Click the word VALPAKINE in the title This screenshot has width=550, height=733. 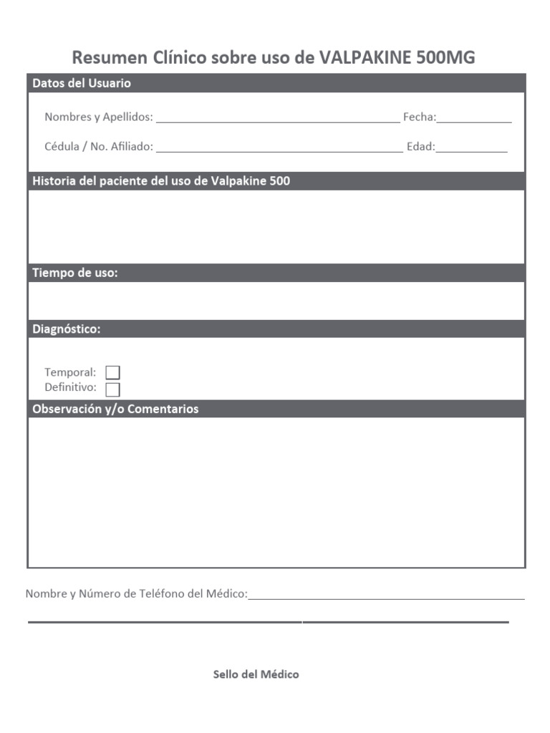[x=365, y=57]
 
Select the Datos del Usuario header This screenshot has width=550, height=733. [x=82, y=83]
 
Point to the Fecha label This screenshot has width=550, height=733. [x=419, y=117]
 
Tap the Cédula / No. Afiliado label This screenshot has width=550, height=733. [x=99, y=146]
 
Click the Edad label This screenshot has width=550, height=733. [x=420, y=146]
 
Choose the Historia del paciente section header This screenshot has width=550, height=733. [x=161, y=181]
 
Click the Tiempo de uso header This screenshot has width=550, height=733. [x=75, y=273]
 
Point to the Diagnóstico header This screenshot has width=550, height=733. [x=67, y=329]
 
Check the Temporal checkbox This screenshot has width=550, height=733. [x=112, y=372]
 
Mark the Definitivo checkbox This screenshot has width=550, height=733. [x=112, y=389]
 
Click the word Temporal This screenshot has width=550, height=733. [x=69, y=372]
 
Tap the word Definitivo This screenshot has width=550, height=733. [x=70, y=387]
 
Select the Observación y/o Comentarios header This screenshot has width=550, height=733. [x=115, y=409]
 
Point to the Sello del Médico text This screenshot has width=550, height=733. [x=256, y=674]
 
